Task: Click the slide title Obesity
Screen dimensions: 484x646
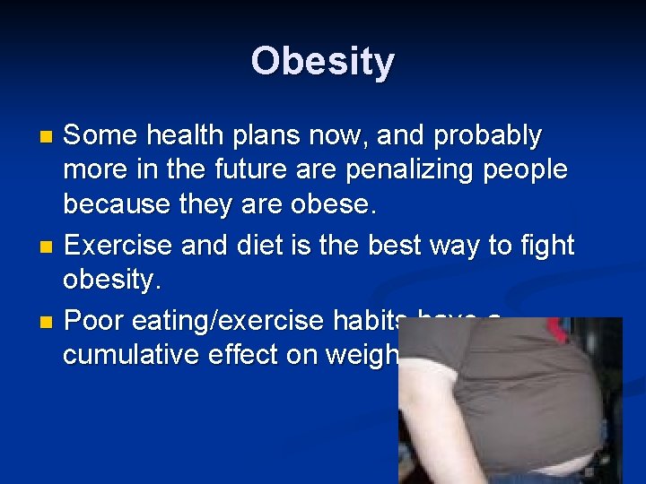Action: pos(322,62)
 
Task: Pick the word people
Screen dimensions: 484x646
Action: pos(523,171)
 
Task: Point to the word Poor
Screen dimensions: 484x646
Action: pos(94,319)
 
